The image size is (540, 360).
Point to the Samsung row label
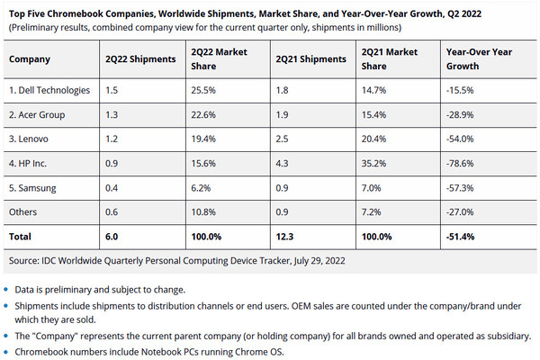(33, 189)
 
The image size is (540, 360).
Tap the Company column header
(30, 59)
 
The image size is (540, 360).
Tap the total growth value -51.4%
(463, 237)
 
